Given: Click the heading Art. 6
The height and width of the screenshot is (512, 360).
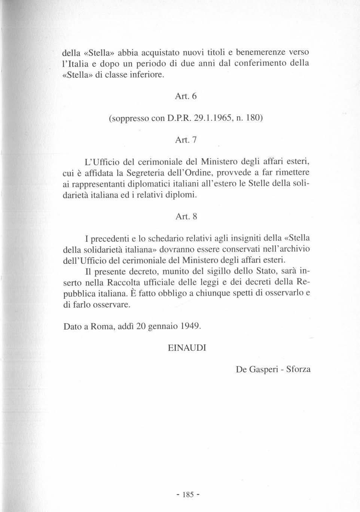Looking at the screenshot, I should pyautogui.click(x=186, y=96).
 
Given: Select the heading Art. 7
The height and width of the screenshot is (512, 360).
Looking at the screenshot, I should pyautogui.click(x=186, y=140).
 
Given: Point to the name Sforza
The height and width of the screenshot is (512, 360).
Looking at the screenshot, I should pyautogui.click(x=298, y=369).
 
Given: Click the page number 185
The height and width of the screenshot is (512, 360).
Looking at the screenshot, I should pyautogui.click(x=186, y=495).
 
